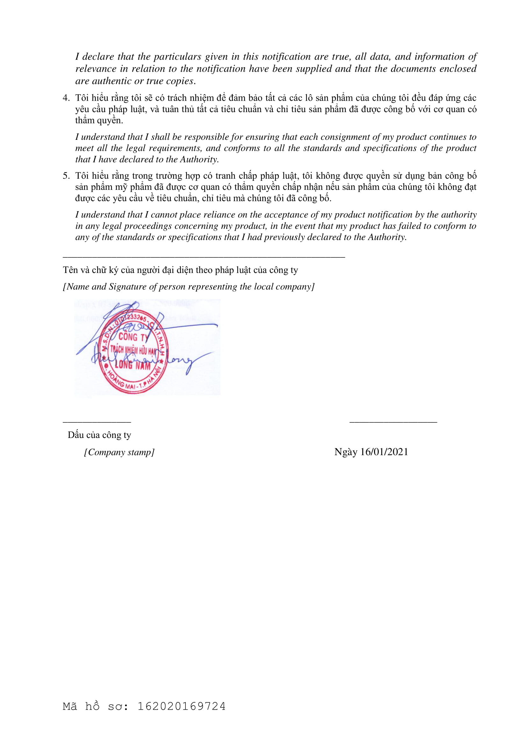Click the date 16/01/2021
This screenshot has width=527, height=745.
coord(384,452)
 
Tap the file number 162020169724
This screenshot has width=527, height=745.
coord(181,706)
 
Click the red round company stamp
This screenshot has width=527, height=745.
coord(134,352)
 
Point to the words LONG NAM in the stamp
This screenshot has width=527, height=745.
coord(133,365)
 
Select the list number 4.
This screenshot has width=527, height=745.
coord(66,98)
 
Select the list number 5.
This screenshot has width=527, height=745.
coord(66,176)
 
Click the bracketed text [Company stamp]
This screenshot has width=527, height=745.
coord(119,452)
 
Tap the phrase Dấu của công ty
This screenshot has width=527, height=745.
coord(99,435)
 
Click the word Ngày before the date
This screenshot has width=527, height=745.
coord(346,452)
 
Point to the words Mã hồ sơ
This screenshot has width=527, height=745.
coord(96,706)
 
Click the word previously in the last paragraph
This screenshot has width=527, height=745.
coord(285,237)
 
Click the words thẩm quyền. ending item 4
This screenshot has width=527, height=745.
coord(99,120)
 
